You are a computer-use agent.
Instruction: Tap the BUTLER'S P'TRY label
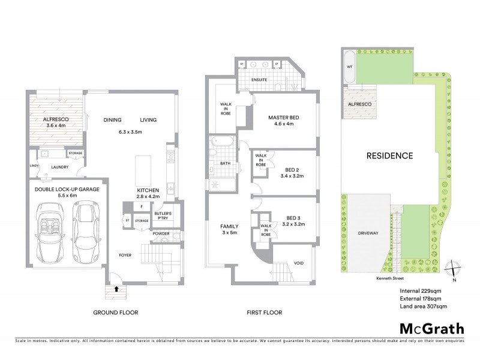(x=163, y=217)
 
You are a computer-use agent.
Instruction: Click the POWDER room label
(x=161, y=233)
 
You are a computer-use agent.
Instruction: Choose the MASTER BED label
(x=283, y=118)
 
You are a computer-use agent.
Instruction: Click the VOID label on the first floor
(x=298, y=263)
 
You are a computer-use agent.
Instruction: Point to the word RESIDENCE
(x=390, y=156)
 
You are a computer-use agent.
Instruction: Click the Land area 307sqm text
(x=424, y=307)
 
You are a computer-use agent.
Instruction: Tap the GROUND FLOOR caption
(x=116, y=313)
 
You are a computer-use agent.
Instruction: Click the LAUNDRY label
(x=60, y=168)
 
